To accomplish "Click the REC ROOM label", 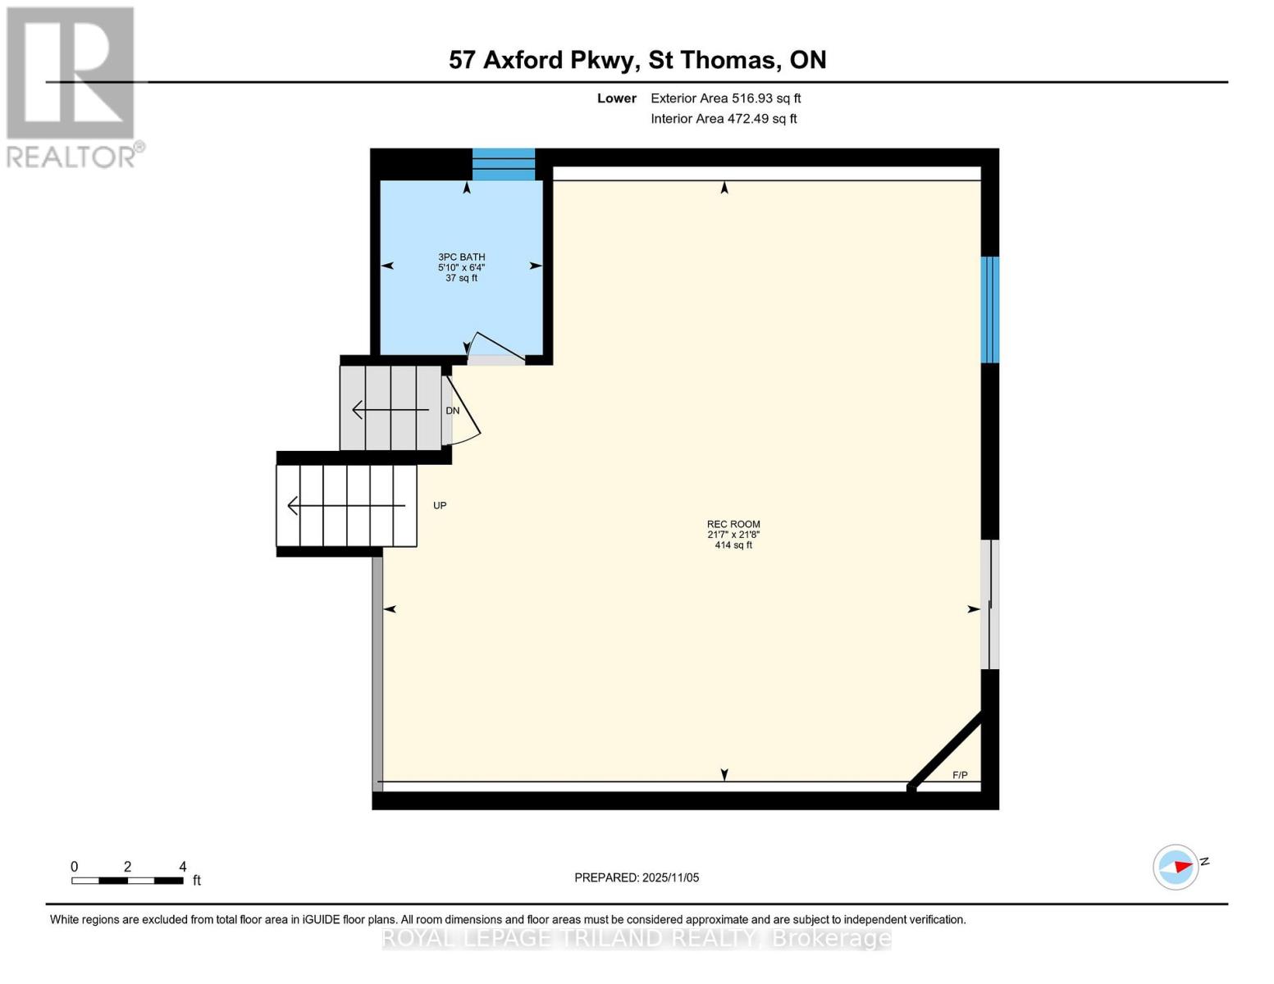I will pyautogui.click(x=733, y=525).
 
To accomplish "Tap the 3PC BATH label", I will pyautogui.click(x=461, y=257).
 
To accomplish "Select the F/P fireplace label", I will pyautogui.click(x=960, y=775).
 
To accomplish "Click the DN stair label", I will pyautogui.click(x=452, y=410).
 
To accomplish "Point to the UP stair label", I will pyautogui.click(x=440, y=505).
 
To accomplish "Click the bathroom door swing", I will pyautogui.click(x=495, y=348).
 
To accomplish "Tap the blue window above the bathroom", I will pyautogui.click(x=504, y=164).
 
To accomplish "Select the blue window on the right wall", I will pyautogui.click(x=990, y=309).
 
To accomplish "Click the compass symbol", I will pyautogui.click(x=1176, y=867).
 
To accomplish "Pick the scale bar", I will pyautogui.click(x=127, y=881).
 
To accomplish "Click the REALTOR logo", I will pyautogui.click(x=72, y=86).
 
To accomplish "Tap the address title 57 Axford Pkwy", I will pyautogui.click(x=637, y=60).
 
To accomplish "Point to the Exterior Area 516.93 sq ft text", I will pyautogui.click(x=725, y=98).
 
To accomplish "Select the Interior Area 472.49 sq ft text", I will pyautogui.click(x=724, y=119).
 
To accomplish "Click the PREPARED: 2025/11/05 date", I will pyautogui.click(x=637, y=877).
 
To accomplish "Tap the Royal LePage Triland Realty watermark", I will pyautogui.click(x=637, y=938).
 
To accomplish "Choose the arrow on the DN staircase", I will pyautogui.click(x=390, y=409).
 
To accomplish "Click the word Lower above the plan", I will pyautogui.click(x=616, y=98).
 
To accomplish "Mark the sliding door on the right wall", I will pyautogui.click(x=990, y=605).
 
